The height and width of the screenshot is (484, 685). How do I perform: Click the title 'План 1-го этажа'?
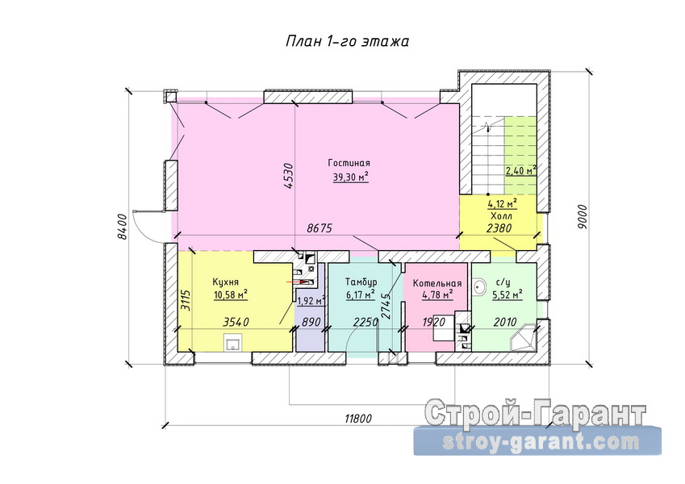tap(347, 41)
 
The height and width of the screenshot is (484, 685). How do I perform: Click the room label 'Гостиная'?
tap(349, 163)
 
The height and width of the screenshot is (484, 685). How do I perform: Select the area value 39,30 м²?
tap(351, 176)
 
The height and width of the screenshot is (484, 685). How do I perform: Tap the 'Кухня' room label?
tap(225, 282)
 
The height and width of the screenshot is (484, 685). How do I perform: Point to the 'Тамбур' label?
tap(361, 282)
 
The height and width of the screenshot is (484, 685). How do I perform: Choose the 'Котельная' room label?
tap(437, 283)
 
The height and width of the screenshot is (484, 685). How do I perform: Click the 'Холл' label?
tap(502, 216)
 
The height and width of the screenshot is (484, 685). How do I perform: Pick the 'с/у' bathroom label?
tap(507, 283)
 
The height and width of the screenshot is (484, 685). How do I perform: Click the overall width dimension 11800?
tap(358, 419)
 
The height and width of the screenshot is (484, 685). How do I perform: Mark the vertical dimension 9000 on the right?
tap(582, 216)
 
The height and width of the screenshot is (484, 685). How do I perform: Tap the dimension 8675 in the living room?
tap(320, 227)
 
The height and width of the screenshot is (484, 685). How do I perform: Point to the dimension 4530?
tap(287, 176)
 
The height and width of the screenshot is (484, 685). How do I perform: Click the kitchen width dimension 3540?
tap(236, 322)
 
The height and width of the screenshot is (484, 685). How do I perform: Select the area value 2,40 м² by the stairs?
tap(521, 170)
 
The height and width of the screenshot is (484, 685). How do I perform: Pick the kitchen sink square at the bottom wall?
tap(234, 343)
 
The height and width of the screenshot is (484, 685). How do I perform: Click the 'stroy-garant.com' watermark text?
tap(541, 443)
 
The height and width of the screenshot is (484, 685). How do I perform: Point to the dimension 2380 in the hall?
tap(499, 227)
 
